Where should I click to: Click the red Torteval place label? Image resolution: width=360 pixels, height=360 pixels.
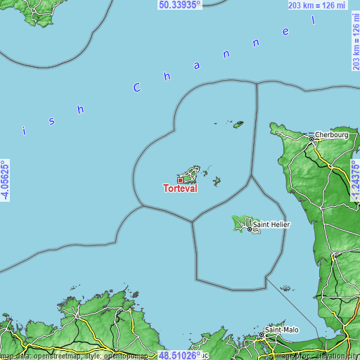coord(180,188)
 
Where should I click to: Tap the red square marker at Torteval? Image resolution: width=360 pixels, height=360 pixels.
coord(180,180)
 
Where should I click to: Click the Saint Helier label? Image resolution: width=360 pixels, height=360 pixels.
coord(271,224)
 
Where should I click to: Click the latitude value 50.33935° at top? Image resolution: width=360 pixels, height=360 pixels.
coord(180,4)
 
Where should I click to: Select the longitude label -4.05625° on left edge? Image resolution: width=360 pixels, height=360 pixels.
coord(5,180)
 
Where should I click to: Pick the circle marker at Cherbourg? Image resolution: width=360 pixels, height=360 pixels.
coord(310,139)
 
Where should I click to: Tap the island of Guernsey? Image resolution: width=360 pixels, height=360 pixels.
coord(188,173)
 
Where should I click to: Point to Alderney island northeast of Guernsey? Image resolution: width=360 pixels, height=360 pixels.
coord(238,124)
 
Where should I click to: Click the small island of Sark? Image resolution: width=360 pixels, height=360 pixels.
coord(217,181)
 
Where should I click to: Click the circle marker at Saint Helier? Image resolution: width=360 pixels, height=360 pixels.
coord(248,229)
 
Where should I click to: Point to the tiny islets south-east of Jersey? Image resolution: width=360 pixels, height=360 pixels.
coord(285,288)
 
